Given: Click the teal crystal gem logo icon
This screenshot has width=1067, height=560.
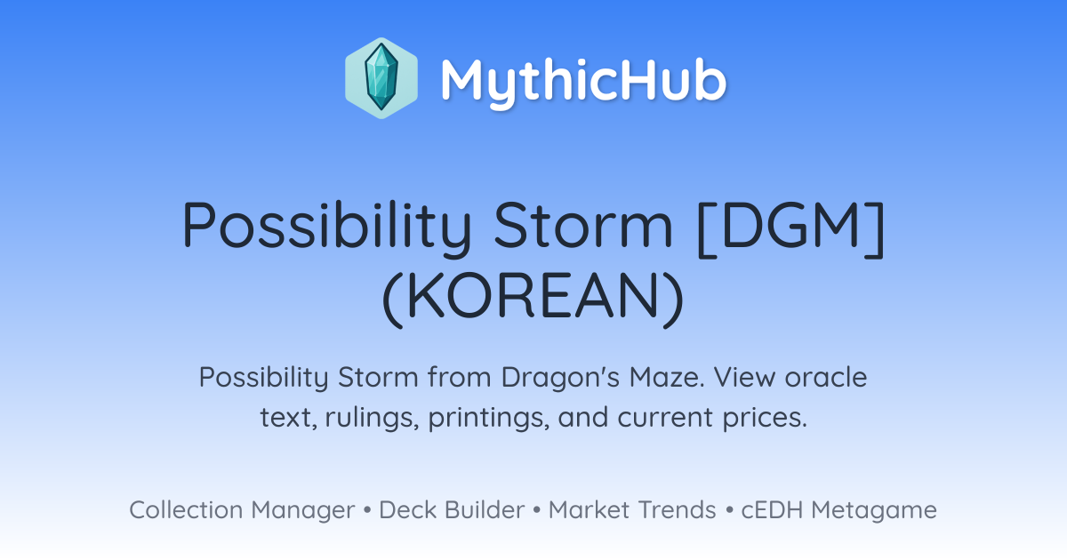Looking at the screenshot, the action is click(x=381, y=78).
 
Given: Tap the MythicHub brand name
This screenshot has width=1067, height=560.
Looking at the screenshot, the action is click(x=583, y=81).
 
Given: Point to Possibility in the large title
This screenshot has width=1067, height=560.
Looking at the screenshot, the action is click(x=327, y=227).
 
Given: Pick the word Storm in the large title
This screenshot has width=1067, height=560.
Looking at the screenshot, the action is click(x=583, y=225).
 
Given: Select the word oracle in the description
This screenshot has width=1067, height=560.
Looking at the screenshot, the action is click(x=825, y=377).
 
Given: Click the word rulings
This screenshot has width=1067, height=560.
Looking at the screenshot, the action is click(x=372, y=419).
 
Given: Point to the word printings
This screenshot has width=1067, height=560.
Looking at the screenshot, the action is click(x=489, y=419).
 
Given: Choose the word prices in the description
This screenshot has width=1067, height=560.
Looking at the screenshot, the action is click(x=765, y=419).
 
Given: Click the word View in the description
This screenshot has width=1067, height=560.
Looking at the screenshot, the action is click(x=743, y=377).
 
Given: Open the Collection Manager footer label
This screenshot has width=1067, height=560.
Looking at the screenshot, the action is click(x=242, y=511).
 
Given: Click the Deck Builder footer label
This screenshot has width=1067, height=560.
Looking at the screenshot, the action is click(x=452, y=510).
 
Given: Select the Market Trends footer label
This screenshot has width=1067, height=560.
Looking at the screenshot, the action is click(x=632, y=510).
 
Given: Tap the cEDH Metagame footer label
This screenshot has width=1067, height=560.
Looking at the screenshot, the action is click(x=838, y=511).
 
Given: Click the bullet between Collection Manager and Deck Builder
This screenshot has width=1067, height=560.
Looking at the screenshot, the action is click(x=366, y=510).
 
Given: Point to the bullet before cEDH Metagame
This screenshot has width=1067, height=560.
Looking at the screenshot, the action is click(x=729, y=510).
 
